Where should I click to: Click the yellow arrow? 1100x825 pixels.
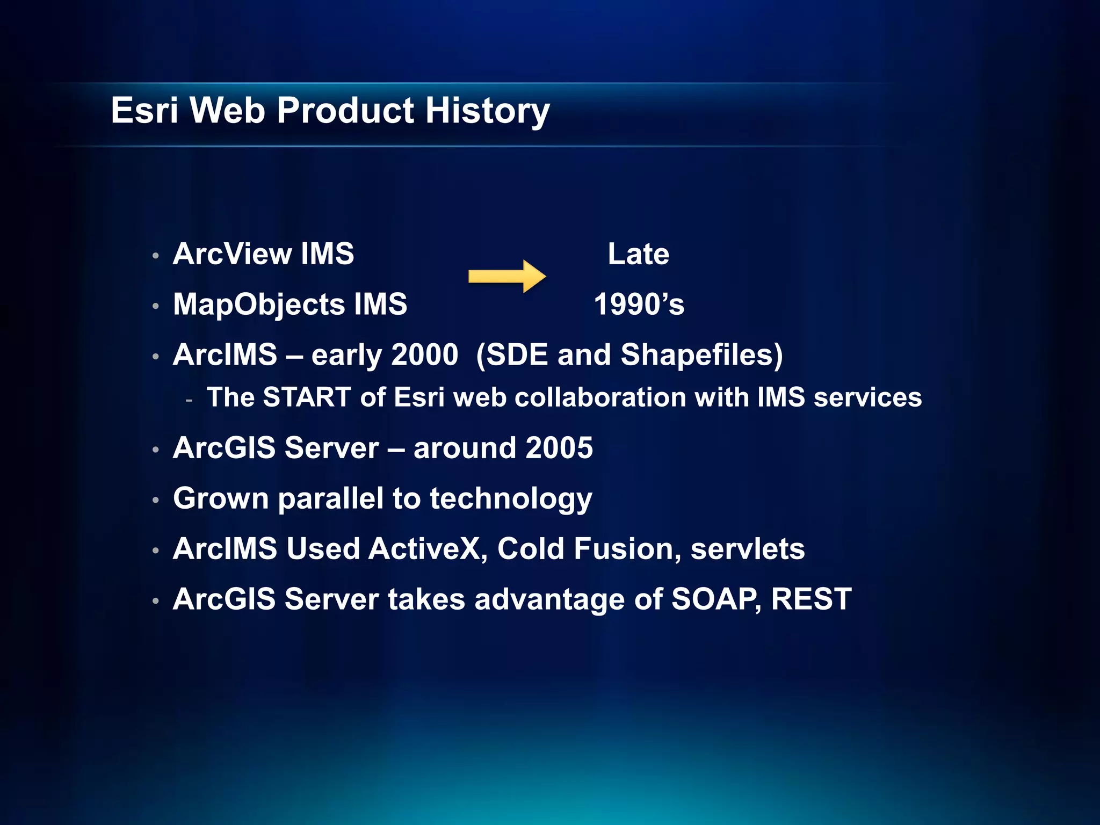click(x=507, y=277)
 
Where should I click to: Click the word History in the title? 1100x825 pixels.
click(x=488, y=111)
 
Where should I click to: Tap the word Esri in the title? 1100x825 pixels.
click(x=144, y=111)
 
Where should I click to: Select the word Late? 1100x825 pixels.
click(x=638, y=254)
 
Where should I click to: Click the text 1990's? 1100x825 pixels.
click(x=639, y=305)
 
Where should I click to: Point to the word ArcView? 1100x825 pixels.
click(x=232, y=254)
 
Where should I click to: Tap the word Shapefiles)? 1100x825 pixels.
click(x=701, y=355)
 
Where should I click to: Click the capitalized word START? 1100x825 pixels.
click(x=307, y=398)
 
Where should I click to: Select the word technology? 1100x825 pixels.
click(x=511, y=498)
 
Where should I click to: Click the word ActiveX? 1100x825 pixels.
click(x=428, y=549)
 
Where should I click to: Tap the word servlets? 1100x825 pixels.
click(x=748, y=549)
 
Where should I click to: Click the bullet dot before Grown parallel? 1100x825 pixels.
click(x=155, y=500)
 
